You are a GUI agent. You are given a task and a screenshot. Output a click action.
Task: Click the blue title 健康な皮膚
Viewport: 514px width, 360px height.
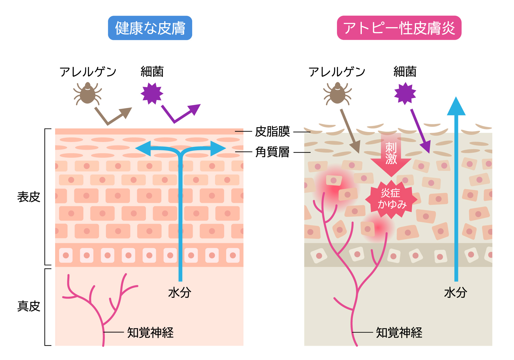(x=150, y=28)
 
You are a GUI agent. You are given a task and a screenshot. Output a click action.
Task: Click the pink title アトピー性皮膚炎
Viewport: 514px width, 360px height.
(x=399, y=28)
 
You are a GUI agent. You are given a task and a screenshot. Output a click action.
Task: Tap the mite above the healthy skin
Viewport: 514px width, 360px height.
(x=87, y=93)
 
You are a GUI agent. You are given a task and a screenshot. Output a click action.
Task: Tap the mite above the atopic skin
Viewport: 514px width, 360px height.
(x=338, y=93)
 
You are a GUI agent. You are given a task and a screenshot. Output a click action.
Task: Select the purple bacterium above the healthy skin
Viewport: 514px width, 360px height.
(x=152, y=93)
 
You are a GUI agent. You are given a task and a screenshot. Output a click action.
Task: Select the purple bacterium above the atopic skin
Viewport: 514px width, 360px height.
(x=405, y=93)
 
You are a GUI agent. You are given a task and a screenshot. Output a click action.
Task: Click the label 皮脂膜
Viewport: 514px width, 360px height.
(x=272, y=132)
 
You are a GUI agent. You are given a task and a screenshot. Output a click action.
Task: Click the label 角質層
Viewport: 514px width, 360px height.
(x=272, y=152)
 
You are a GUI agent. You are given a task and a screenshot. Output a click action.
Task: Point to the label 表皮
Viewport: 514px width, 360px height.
(x=29, y=197)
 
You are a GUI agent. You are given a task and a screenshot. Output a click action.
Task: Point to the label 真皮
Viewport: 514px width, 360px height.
(x=29, y=306)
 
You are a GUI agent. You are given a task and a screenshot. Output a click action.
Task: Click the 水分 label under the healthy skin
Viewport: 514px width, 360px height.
(x=180, y=293)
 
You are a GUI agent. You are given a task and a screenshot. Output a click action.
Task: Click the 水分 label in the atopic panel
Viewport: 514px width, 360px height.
(x=455, y=293)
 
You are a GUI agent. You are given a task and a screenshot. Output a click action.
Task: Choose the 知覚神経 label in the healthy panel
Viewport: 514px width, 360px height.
(x=150, y=333)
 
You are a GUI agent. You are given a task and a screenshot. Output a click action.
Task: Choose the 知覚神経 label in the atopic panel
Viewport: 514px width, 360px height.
(x=399, y=333)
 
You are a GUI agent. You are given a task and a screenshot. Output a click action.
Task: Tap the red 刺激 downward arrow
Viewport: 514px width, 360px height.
(x=391, y=155)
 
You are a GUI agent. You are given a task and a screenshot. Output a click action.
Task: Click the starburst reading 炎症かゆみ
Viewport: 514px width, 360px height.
(x=391, y=199)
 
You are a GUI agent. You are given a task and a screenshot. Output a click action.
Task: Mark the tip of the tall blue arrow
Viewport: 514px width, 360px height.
(x=456, y=97)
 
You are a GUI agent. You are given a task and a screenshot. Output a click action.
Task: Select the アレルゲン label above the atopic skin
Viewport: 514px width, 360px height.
(x=337, y=72)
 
